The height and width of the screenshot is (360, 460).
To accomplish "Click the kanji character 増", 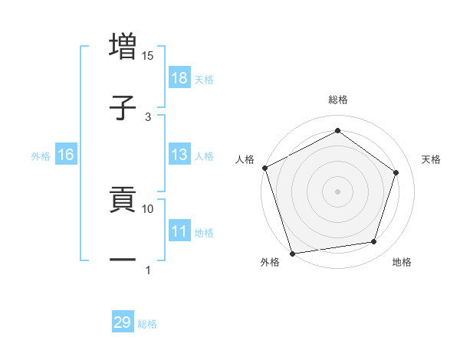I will tap(123, 46).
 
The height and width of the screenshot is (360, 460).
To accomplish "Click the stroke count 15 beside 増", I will tap(148, 56).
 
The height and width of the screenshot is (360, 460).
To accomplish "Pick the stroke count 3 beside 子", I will tap(148, 116).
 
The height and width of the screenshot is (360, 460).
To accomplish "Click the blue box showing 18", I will tap(179, 78).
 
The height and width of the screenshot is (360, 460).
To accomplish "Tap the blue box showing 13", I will tap(179, 155).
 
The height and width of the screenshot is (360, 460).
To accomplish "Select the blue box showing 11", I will tap(179, 231).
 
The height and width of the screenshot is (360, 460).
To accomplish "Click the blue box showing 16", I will tap(66, 155).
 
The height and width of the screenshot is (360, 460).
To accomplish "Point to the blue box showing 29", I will tap(123, 322).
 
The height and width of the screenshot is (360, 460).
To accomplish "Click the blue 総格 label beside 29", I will tap(147, 324).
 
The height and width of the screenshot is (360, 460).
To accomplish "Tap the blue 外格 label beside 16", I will tap(41, 156).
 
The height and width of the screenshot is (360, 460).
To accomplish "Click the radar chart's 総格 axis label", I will tap(338, 100).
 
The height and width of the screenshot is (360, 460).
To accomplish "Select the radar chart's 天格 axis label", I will tap(432, 159).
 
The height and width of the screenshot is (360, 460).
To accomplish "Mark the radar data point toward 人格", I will tap(264, 168).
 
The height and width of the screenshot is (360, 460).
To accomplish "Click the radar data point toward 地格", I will tap(374, 242).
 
